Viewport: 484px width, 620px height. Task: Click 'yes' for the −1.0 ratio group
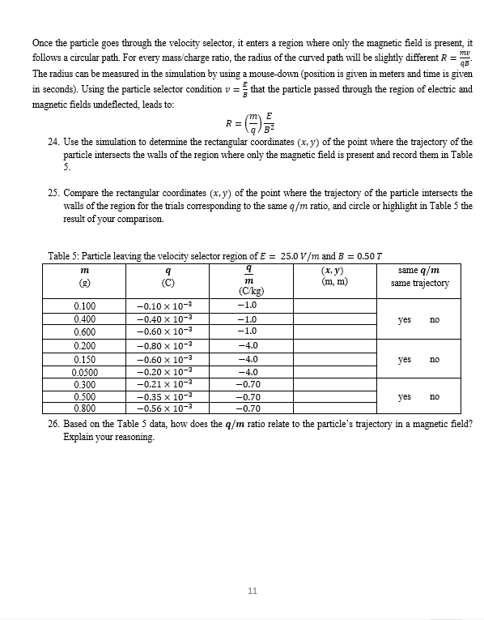pos(405,319)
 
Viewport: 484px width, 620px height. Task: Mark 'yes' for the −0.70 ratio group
pos(405,397)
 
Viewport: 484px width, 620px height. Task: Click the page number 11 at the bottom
pos(252,591)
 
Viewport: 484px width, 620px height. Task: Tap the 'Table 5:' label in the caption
pos(65,256)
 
